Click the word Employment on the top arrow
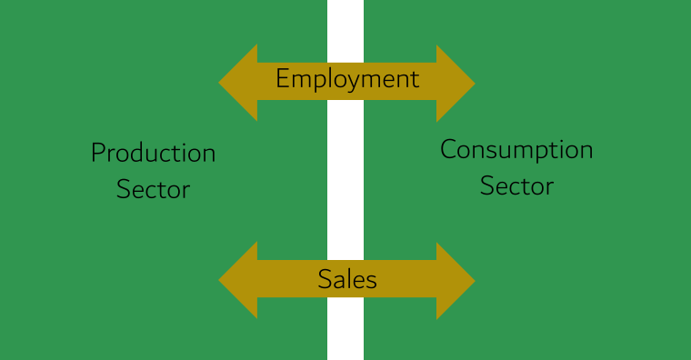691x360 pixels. [x=347, y=79]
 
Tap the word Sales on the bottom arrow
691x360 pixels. [x=347, y=279]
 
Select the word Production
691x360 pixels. [x=153, y=153]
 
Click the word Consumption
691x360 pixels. [x=516, y=150]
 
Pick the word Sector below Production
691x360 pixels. [x=153, y=190]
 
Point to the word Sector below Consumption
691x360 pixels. [x=516, y=186]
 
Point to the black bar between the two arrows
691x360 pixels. [x=345, y=182]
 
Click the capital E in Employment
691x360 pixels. [x=282, y=78]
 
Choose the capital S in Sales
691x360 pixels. [x=324, y=279]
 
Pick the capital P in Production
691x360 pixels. [x=97, y=152]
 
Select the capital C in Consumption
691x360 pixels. [x=448, y=148]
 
